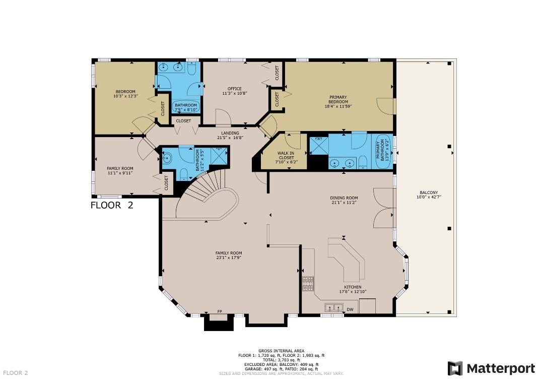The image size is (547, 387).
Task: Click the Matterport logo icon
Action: point(455,368)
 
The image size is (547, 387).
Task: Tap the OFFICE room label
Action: point(234,89)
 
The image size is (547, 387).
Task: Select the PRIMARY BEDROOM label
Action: point(338,99)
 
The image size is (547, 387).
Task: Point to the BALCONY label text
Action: point(429,192)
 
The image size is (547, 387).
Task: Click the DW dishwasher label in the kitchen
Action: point(350,309)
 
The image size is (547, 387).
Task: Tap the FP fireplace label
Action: point(220,311)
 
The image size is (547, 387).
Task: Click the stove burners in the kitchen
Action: point(308,284)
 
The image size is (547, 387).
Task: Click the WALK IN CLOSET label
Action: point(286,155)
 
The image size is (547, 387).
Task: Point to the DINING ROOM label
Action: point(344,198)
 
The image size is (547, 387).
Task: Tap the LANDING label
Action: point(230,133)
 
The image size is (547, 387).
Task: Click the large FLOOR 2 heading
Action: point(112,205)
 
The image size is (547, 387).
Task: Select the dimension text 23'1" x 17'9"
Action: point(229,258)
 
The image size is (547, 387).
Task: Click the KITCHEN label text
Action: point(353,287)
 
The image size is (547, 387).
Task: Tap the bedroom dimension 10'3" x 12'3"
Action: point(125,96)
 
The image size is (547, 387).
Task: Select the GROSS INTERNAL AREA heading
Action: point(281,351)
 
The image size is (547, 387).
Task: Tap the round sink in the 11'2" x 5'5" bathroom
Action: point(167,158)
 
